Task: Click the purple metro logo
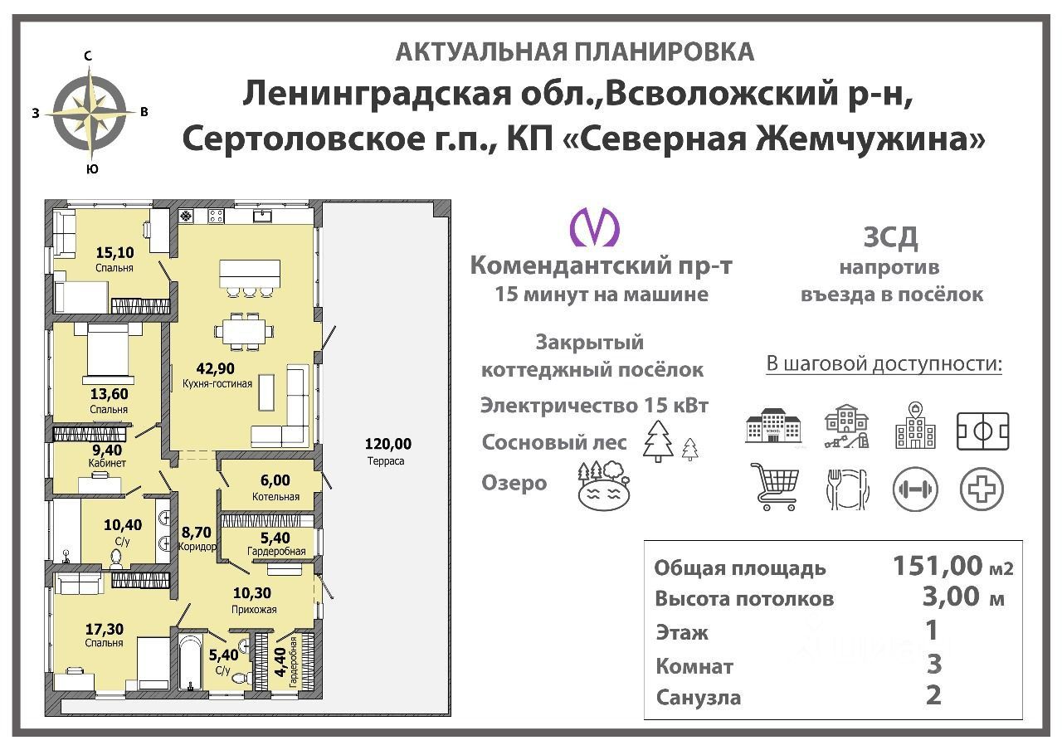[595, 227]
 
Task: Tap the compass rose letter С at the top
[88, 56]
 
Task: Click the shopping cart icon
[775, 487]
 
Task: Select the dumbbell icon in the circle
[915, 489]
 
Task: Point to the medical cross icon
[982, 489]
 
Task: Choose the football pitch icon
[982, 431]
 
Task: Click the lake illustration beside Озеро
[603, 486]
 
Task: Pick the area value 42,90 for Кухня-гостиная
[215, 368]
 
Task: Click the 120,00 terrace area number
[387, 444]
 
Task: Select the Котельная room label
[275, 497]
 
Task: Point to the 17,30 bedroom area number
[105, 629]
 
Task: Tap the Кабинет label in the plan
[107, 463]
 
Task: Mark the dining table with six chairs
[244, 331]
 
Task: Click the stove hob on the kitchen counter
[216, 217]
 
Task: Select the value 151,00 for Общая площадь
[938, 566]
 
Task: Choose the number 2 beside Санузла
[933, 695]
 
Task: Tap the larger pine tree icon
[658, 441]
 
